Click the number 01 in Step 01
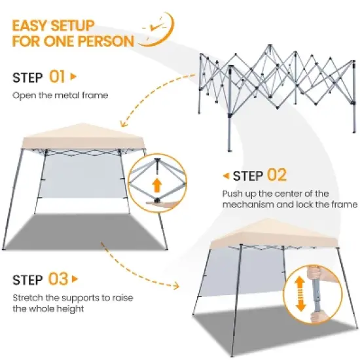[58, 77]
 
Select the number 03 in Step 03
[58, 279]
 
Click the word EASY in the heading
[35, 26]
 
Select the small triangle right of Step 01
[73, 77]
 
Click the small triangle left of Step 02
[226, 175]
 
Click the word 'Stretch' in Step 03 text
[27, 298]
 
